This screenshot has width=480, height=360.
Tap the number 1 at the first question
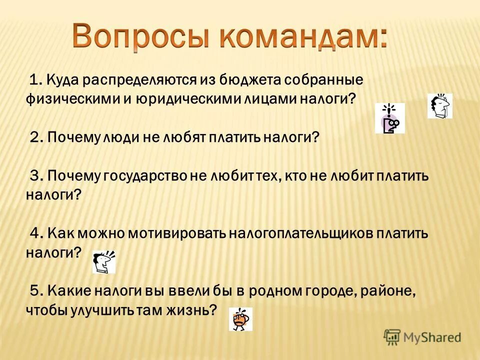(x=34, y=80)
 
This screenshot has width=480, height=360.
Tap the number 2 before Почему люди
(x=34, y=137)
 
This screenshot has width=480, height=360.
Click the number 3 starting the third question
(x=34, y=176)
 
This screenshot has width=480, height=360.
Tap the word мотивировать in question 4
(x=177, y=234)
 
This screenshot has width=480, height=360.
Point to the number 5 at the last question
(x=34, y=291)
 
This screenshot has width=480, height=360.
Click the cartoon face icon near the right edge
(x=440, y=105)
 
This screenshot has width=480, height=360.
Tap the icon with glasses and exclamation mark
(x=389, y=118)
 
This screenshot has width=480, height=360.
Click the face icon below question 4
(x=104, y=261)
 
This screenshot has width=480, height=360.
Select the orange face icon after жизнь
(x=240, y=318)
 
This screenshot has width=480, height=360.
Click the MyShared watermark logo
(x=422, y=337)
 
